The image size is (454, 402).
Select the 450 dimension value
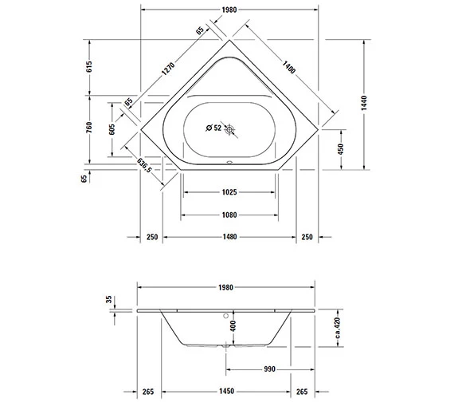(341, 149)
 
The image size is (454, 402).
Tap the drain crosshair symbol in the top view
(230, 128)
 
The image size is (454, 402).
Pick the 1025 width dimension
(229, 191)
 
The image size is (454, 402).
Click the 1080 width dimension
(229, 215)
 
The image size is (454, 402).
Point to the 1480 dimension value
(229, 237)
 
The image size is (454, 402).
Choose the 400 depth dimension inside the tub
(233, 325)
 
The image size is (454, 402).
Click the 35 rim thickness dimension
(109, 299)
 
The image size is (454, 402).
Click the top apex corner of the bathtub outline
(230, 36)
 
